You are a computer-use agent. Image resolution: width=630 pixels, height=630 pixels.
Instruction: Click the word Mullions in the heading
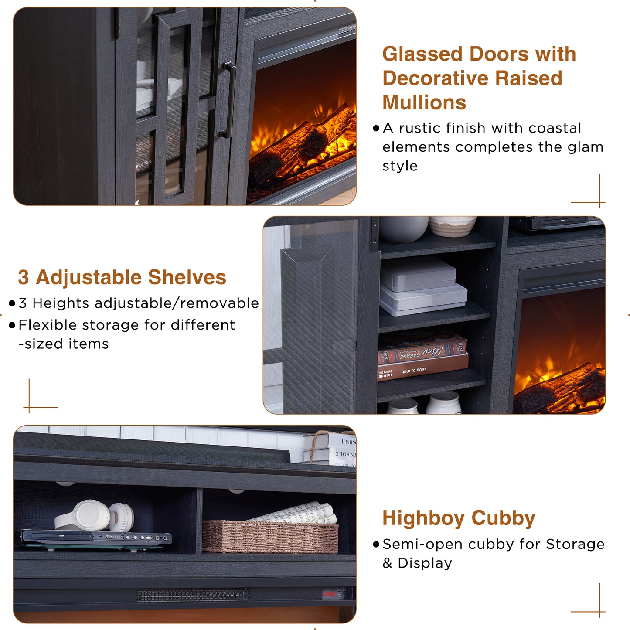click(x=424, y=102)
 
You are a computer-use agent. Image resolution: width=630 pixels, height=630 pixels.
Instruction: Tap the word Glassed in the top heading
click(x=423, y=54)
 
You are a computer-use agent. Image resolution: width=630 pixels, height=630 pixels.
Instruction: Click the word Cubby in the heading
click(x=503, y=519)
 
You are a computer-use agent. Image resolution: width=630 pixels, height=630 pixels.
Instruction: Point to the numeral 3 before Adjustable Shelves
click(x=24, y=277)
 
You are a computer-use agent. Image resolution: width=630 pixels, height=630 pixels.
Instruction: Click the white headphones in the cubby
click(x=95, y=516)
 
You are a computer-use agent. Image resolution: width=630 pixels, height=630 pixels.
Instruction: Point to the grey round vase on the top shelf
click(x=403, y=229)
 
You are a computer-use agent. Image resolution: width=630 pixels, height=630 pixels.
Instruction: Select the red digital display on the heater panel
click(x=330, y=594)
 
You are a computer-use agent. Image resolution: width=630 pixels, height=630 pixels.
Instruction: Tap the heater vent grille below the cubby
click(x=194, y=595)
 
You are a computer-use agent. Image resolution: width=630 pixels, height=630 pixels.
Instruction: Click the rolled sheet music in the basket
click(x=296, y=513)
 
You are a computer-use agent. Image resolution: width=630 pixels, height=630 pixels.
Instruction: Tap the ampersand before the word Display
click(x=387, y=563)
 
